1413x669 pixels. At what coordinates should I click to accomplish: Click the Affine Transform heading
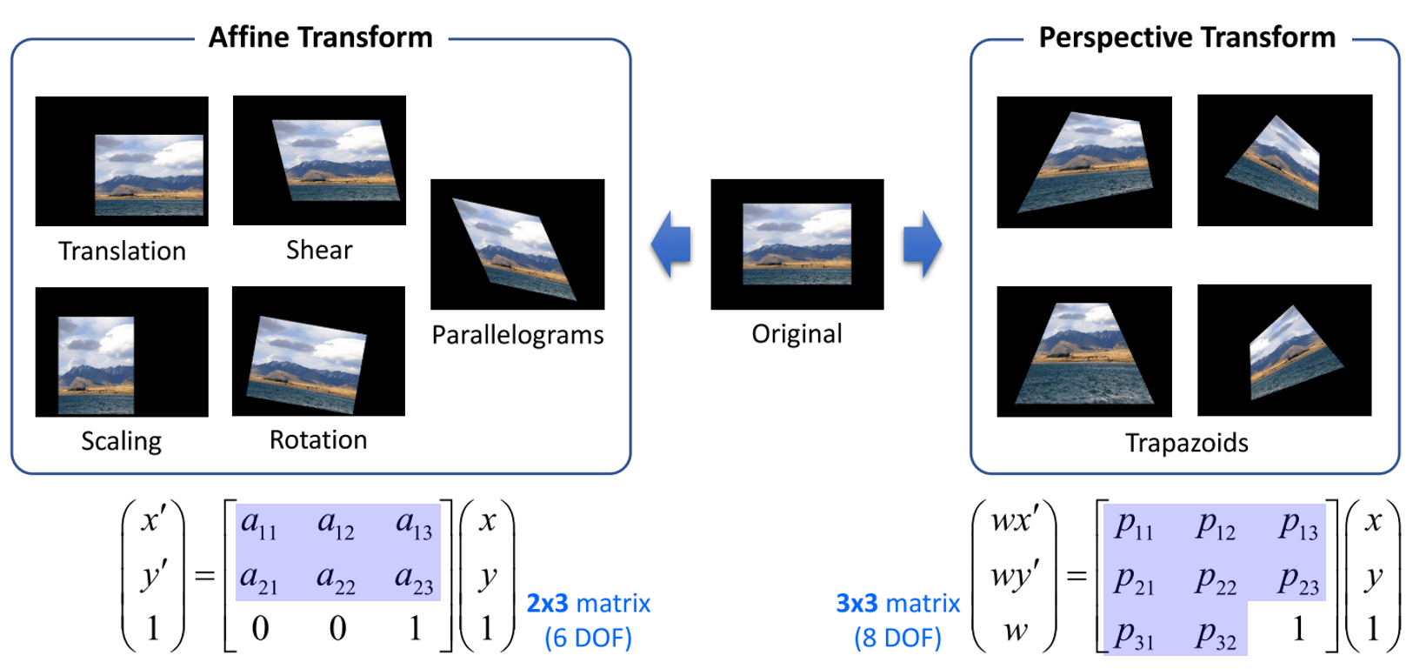(x=320, y=37)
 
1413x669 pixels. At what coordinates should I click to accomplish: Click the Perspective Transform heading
(x=1186, y=37)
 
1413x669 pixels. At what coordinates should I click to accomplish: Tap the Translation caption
(x=122, y=251)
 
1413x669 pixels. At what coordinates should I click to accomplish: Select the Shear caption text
(x=319, y=251)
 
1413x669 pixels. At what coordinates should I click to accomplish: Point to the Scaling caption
(x=121, y=441)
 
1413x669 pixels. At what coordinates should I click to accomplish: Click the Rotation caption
(x=318, y=440)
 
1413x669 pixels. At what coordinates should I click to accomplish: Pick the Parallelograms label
(x=517, y=335)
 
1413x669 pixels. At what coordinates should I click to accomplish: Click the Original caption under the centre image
(x=796, y=334)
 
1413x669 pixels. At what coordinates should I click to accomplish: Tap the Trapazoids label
(x=1186, y=443)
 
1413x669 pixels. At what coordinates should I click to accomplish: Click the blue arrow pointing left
(x=671, y=244)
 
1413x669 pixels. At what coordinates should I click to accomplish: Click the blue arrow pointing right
(x=922, y=244)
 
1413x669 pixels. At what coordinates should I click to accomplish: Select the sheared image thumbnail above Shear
(x=319, y=160)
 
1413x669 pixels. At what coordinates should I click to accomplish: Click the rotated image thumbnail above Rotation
(x=318, y=351)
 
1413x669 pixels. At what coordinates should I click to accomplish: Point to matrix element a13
(x=414, y=525)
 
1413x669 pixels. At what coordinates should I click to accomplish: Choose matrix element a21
(x=259, y=579)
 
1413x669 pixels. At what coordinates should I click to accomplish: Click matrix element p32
(x=1216, y=634)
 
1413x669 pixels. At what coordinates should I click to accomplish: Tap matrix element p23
(x=1298, y=580)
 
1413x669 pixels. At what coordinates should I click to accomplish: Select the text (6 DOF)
(x=588, y=638)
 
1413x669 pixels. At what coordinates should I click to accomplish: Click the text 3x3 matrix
(x=897, y=603)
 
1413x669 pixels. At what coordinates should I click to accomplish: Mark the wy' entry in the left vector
(x=1014, y=575)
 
